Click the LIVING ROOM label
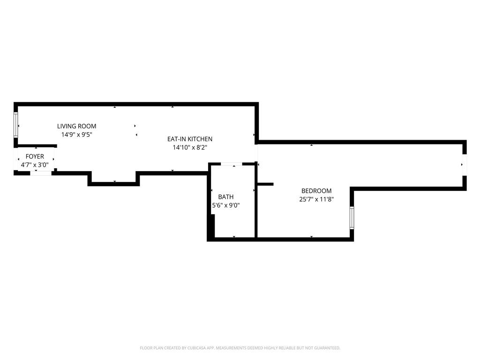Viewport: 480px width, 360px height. pyautogui.click(x=76, y=126)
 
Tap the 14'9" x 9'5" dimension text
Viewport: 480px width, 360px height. pyautogui.click(x=76, y=135)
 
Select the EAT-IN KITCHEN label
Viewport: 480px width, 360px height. pyautogui.click(x=190, y=139)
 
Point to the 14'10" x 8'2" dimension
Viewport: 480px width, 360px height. pyautogui.click(x=190, y=147)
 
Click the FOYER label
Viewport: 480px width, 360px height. pyautogui.click(x=35, y=157)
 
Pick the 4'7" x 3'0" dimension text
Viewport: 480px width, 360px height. pyautogui.click(x=35, y=165)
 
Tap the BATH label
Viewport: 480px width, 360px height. pyautogui.click(x=225, y=197)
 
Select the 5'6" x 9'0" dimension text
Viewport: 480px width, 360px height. pyautogui.click(x=225, y=205)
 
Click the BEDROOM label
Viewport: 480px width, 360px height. pyautogui.click(x=316, y=191)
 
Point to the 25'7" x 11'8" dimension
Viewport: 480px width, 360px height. pyautogui.click(x=316, y=199)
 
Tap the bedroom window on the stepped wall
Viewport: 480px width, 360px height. pyautogui.click(x=352, y=217)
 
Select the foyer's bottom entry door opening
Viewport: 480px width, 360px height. pyautogui.click(x=41, y=173)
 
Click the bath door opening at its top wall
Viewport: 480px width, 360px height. pyautogui.click(x=232, y=164)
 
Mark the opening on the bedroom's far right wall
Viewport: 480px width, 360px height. pyautogui.click(x=465, y=165)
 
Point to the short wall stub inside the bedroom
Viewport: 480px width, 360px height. pyautogui.click(x=265, y=184)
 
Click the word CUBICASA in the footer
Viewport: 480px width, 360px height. pyautogui.click(x=194, y=348)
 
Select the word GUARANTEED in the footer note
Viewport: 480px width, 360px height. pyautogui.click(x=326, y=348)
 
